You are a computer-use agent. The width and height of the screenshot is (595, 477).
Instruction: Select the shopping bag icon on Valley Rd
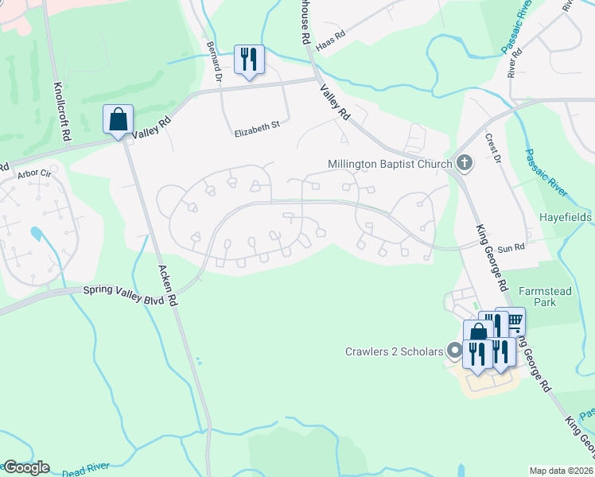119,120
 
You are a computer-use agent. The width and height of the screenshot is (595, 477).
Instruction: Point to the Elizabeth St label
257,126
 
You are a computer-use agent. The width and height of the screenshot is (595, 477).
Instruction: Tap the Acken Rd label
167,286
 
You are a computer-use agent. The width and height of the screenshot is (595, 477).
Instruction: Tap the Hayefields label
566,216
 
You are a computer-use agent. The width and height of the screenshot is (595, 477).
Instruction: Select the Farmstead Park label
545,297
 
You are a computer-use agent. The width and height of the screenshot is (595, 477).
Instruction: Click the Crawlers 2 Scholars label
394,351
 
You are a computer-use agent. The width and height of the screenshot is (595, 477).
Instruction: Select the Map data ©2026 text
561,471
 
